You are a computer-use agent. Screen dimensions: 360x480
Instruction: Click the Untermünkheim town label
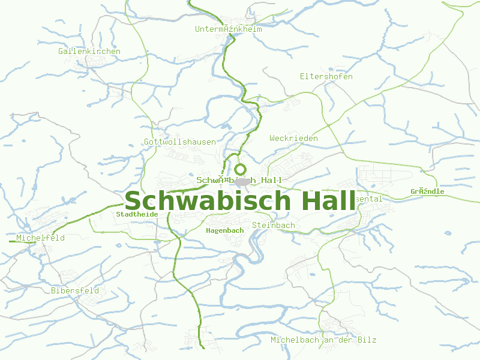pyautogui.click(x=229, y=29)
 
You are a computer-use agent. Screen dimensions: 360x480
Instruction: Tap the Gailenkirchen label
pyautogui.click(x=89, y=51)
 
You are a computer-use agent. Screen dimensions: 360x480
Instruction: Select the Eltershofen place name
pyautogui.click(x=326, y=76)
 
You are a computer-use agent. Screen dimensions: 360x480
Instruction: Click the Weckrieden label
pyautogui.click(x=294, y=138)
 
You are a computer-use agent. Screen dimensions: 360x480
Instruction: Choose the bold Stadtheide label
pyautogui.click(x=137, y=214)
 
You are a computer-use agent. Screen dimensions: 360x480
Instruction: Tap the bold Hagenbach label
pyautogui.click(x=225, y=230)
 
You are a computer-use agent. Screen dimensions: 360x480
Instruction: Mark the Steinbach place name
pyautogui.click(x=274, y=225)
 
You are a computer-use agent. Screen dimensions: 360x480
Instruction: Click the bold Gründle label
pyautogui.click(x=428, y=191)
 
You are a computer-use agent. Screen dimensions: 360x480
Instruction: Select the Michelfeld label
pyautogui.click(x=41, y=238)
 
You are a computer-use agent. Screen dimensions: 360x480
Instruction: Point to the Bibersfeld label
pyautogui.click(x=75, y=290)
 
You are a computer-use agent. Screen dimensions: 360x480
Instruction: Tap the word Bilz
pyautogui.click(x=367, y=340)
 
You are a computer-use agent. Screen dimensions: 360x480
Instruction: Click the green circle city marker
pyautogui.click(x=241, y=169)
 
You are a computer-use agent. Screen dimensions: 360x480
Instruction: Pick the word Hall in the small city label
pyautogui.click(x=272, y=180)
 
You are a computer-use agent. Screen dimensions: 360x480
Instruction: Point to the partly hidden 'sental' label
pyautogui.click(x=368, y=199)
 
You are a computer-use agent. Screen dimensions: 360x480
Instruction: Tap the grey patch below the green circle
pyautogui.click(x=242, y=181)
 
